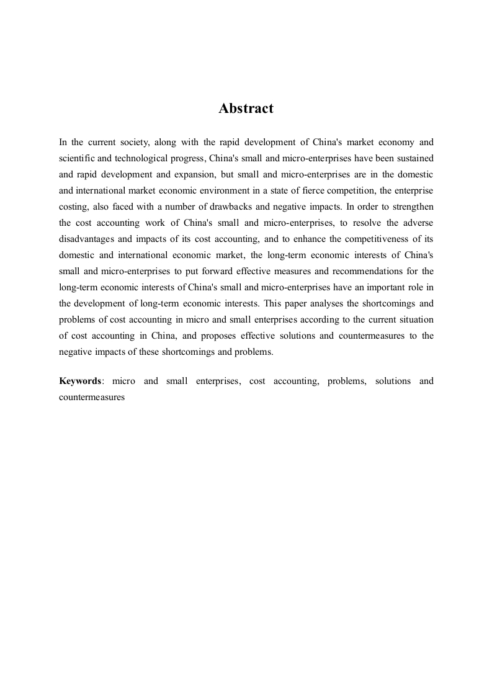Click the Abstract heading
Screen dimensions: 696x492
[246, 109]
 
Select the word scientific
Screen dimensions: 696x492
[78, 158]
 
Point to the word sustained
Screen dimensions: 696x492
[415, 158]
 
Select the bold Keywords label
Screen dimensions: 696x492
[80, 381]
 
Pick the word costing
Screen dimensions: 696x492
[74, 207]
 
